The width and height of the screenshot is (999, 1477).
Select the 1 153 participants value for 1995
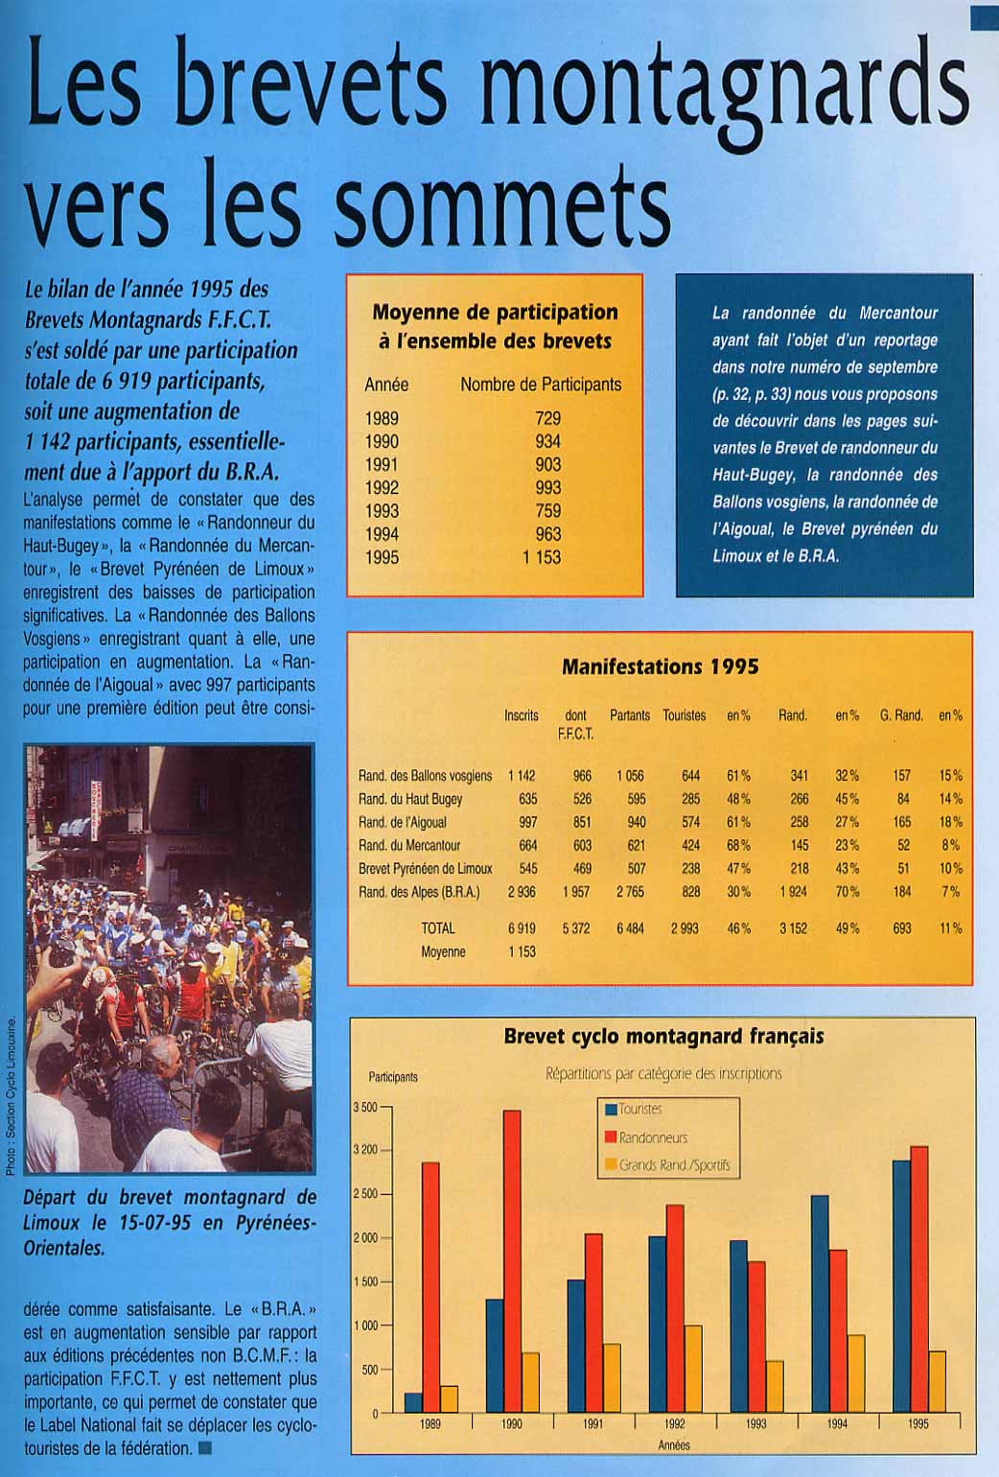point(542,557)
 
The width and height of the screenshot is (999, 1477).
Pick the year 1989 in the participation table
point(382,418)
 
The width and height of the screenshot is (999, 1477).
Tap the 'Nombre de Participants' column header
point(541,385)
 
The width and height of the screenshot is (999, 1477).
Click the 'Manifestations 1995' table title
point(660,667)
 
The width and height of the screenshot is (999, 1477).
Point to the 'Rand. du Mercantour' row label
point(409,845)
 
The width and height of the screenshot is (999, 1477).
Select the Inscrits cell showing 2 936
point(522,892)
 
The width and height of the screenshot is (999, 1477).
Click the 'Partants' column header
point(630,715)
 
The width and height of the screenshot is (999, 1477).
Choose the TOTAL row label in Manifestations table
point(438,928)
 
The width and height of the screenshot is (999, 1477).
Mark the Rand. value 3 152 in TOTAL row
point(793,928)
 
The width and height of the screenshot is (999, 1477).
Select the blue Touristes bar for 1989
point(413,1402)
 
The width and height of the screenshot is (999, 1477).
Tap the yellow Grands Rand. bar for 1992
point(693,1369)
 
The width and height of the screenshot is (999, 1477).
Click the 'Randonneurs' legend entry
point(653,1137)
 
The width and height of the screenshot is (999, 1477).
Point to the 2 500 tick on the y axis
point(365,1194)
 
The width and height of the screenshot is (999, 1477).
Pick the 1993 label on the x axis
point(755,1424)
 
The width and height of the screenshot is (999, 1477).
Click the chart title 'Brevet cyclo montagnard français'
point(663,1037)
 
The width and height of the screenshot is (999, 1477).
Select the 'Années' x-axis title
point(674,1445)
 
